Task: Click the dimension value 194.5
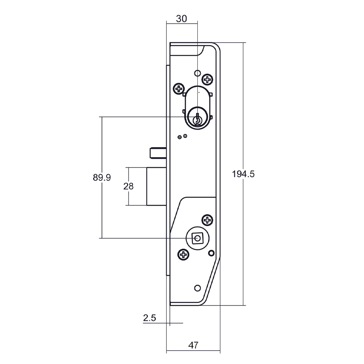243,174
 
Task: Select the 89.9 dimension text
102,177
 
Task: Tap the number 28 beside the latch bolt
128,186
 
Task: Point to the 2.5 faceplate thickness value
150,318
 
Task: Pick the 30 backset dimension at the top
181,19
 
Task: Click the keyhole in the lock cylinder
198,120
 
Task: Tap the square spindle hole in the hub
197,238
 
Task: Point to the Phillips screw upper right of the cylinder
207,79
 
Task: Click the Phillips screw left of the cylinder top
179,88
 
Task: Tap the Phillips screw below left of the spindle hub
183,254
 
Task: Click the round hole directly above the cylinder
197,73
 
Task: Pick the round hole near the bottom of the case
197,288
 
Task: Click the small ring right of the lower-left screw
211,253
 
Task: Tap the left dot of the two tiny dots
179,137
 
